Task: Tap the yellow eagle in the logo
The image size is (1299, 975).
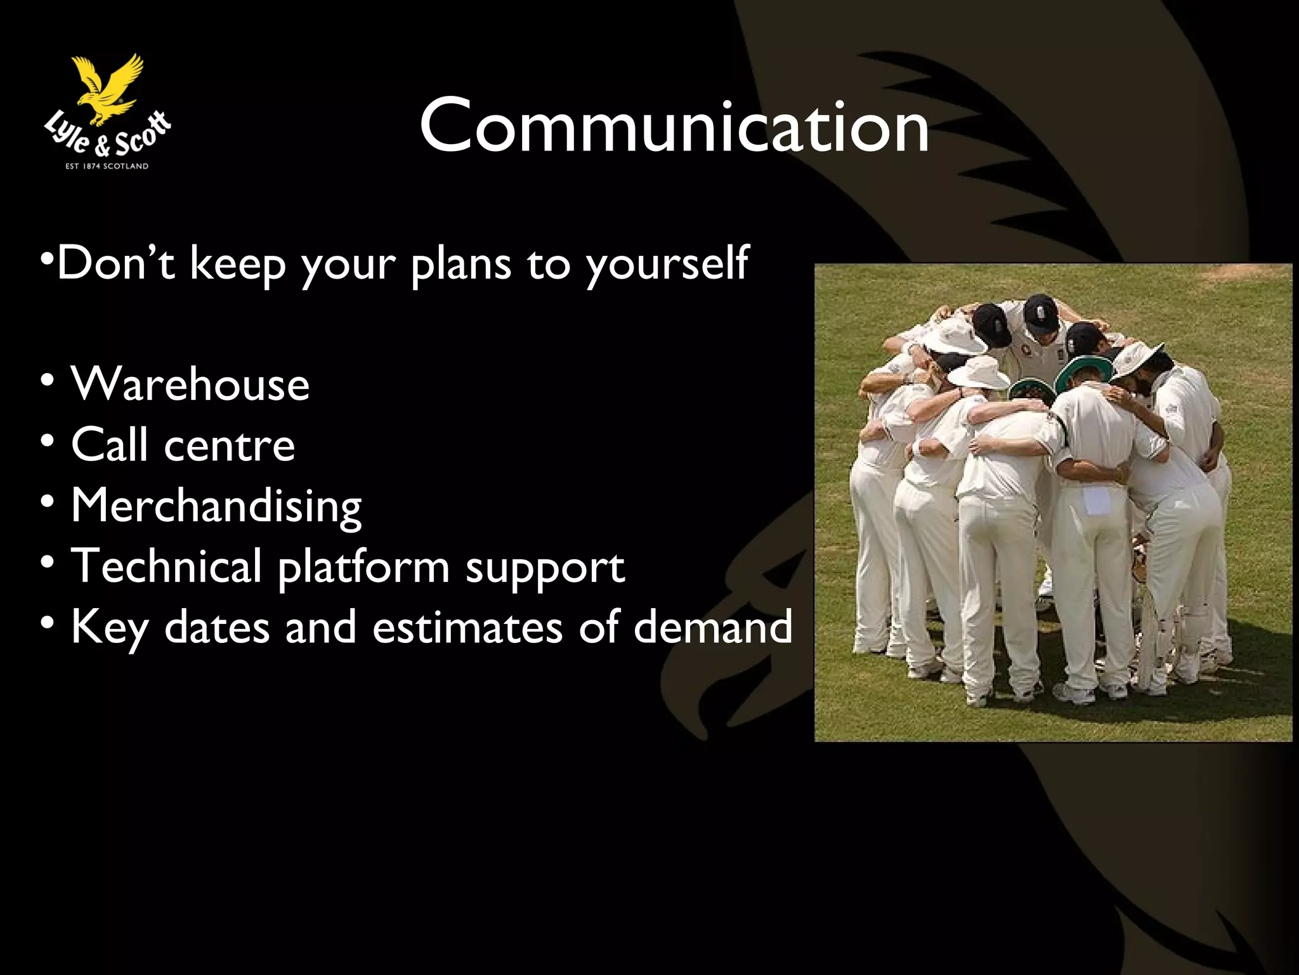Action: click(109, 88)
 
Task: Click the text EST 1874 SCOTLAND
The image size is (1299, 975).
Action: click(107, 166)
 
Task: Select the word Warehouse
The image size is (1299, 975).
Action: click(190, 384)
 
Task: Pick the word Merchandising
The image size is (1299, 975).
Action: click(216, 506)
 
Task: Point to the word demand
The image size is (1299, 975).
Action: click(713, 627)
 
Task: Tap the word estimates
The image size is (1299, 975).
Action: click(467, 627)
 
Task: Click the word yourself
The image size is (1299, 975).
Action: click(667, 264)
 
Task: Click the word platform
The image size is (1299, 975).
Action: click(363, 567)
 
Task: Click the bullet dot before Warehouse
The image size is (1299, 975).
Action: click(48, 383)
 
